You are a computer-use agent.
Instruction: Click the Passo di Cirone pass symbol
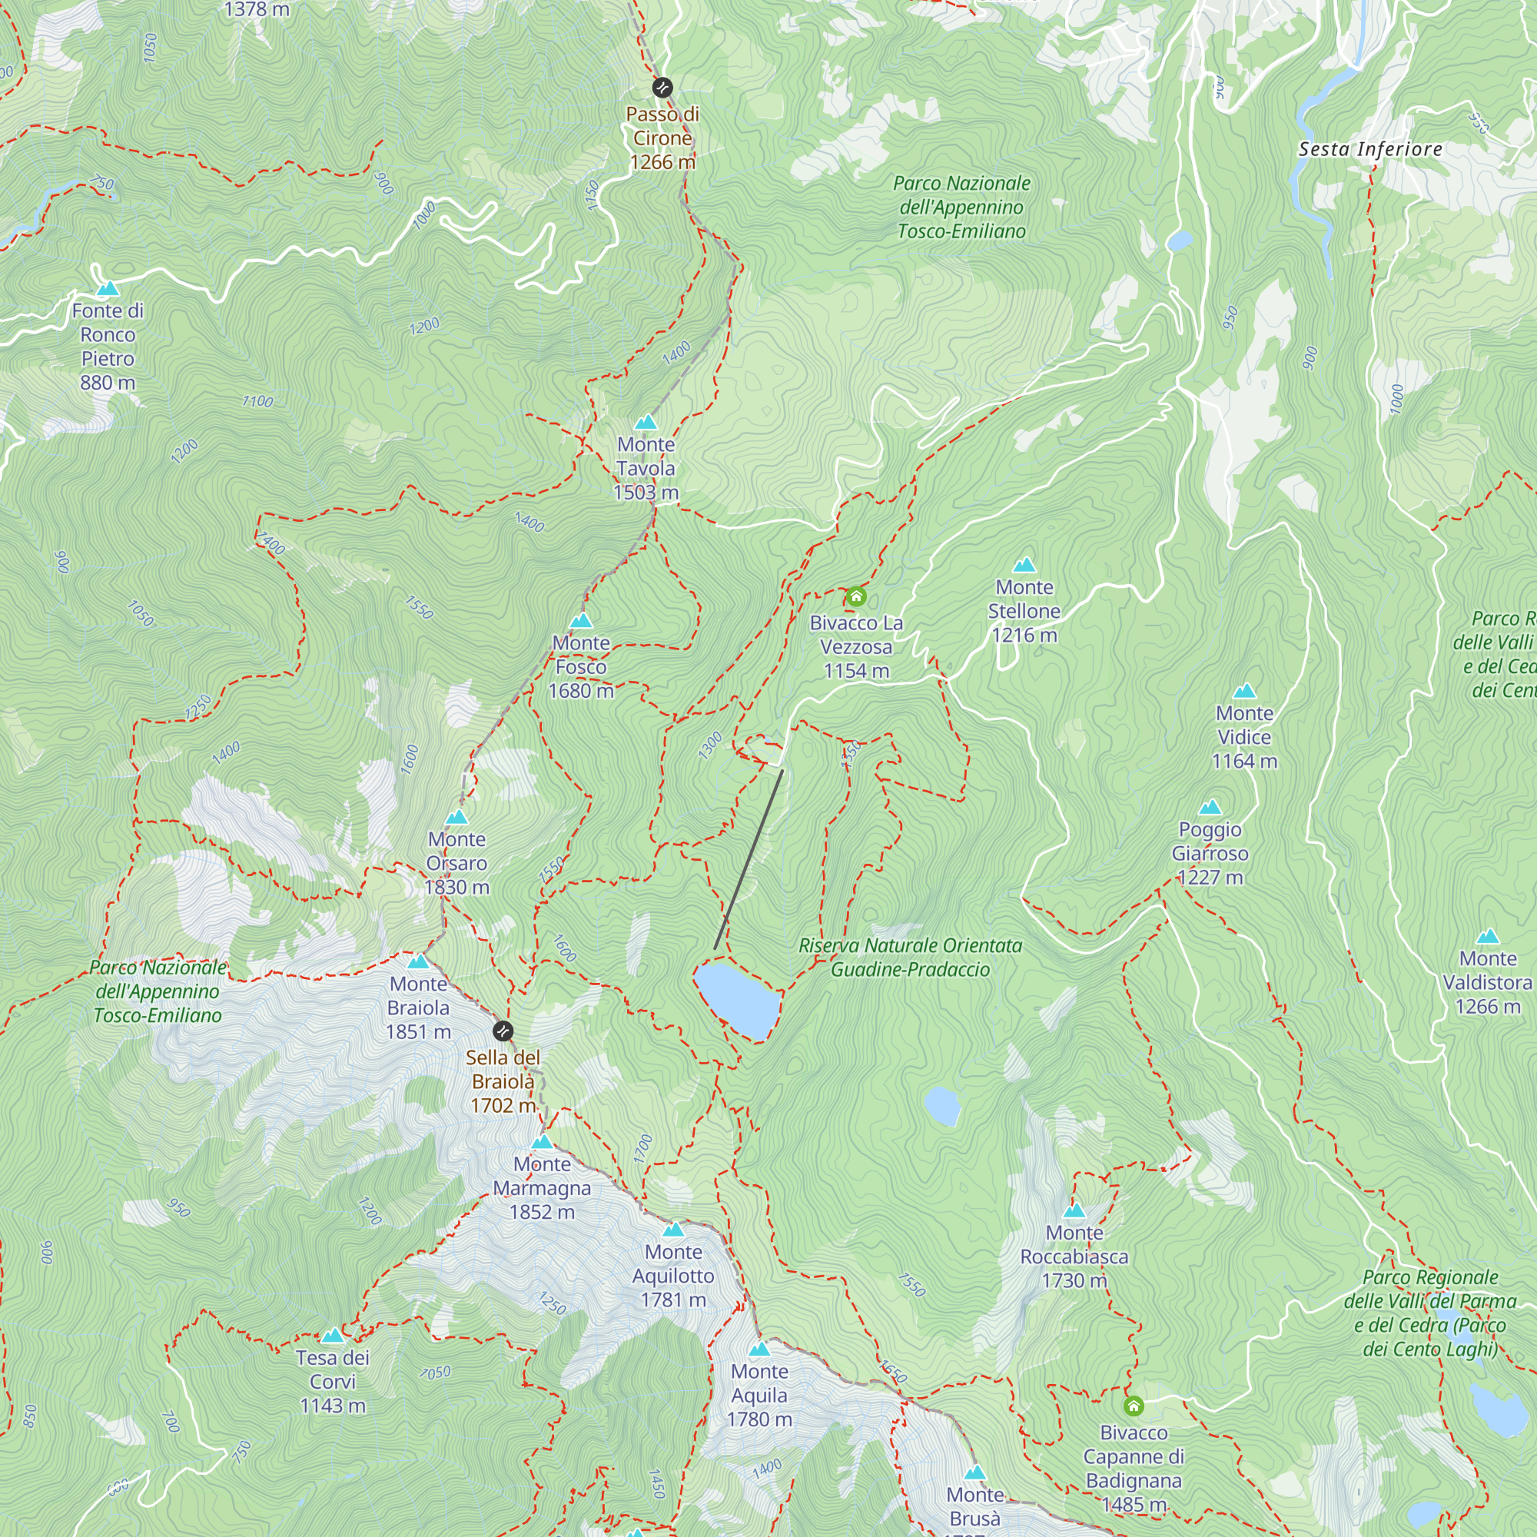pyautogui.click(x=662, y=87)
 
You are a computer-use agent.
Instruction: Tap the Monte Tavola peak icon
pyautogui.click(x=646, y=423)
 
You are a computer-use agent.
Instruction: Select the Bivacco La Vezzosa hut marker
pyautogui.click(x=856, y=596)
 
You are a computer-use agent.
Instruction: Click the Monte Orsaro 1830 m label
pyautogui.click(x=456, y=863)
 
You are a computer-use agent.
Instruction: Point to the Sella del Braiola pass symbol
pyautogui.click(x=503, y=1032)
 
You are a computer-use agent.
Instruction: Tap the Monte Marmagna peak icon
pyautogui.click(x=542, y=1143)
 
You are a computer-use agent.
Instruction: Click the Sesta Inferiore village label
pyautogui.click(x=1370, y=149)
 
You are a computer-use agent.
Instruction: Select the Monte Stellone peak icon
pyautogui.click(x=1024, y=566)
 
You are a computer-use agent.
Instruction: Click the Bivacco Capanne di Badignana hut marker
pyautogui.click(x=1134, y=1406)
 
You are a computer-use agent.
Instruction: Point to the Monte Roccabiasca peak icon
pyautogui.click(x=1075, y=1211)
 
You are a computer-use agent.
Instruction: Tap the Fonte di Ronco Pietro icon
pyautogui.click(x=108, y=289)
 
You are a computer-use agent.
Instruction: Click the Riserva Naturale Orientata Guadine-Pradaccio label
pyautogui.click(x=910, y=957)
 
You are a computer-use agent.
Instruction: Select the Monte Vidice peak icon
pyautogui.click(x=1245, y=692)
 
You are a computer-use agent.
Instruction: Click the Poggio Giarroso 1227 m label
pyautogui.click(x=1210, y=853)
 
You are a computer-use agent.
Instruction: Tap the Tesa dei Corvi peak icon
pyautogui.click(x=333, y=1336)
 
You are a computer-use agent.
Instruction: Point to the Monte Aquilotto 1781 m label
pyautogui.click(x=674, y=1275)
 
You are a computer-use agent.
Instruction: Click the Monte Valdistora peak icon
pyautogui.click(x=1488, y=937)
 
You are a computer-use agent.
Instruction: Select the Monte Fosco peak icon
pyautogui.click(x=582, y=620)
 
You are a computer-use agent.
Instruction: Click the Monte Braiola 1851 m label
pyautogui.click(x=419, y=1008)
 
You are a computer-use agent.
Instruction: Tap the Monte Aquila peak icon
pyautogui.click(x=760, y=1349)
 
